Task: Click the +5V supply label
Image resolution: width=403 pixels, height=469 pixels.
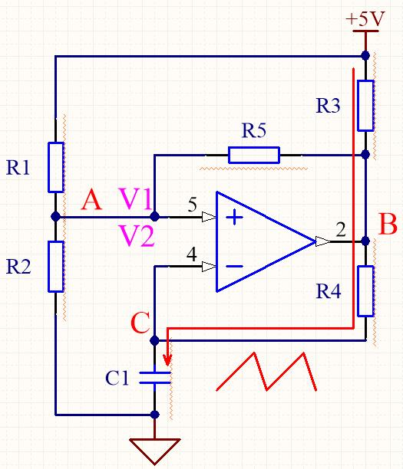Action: (365, 19)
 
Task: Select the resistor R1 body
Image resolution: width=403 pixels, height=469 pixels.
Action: (56, 167)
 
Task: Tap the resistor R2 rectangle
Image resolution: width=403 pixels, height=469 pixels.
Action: (56, 267)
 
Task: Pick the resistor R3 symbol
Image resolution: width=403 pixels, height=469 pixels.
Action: (365, 106)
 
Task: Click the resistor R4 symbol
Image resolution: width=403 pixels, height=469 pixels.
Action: (365, 291)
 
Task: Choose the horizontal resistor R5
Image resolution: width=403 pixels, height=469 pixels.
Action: (254, 155)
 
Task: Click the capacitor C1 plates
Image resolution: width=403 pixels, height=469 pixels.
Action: (154, 378)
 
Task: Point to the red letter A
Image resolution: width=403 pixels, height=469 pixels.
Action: (91, 200)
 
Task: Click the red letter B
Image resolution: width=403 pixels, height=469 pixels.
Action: (388, 224)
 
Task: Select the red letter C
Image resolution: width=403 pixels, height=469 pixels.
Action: (140, 323)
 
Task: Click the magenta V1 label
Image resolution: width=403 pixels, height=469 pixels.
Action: (135, 198)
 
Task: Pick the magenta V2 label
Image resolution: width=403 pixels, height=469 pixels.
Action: (137, 236)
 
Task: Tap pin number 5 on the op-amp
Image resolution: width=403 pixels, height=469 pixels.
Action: (193, 205)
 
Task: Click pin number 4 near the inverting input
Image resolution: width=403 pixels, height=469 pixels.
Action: (192, 254)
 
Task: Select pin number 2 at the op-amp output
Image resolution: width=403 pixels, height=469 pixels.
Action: (341, 230)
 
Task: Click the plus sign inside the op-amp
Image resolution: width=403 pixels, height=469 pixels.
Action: (234, 217)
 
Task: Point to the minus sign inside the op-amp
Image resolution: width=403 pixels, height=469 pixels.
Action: (234, 266)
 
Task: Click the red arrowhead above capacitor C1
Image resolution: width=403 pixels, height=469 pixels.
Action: (167, 359)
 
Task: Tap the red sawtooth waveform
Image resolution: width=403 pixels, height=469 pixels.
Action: (266, 372)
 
